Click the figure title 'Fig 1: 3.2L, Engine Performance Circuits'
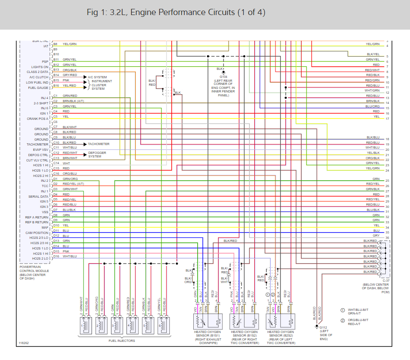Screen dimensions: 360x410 click(176, 12)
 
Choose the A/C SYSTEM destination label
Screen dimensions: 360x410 click(97, 77)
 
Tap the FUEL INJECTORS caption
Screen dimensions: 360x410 click(122, 341)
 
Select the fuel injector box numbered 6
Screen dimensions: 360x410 click(163, 326)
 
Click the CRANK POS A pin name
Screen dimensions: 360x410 click(38, 119)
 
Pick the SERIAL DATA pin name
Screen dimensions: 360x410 click(38, 196)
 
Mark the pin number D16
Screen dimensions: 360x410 click(56, 257)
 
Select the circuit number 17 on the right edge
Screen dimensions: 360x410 click(387, 119)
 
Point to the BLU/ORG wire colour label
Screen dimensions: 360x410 click(372, 106)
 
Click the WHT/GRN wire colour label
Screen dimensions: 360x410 click(372, 90)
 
